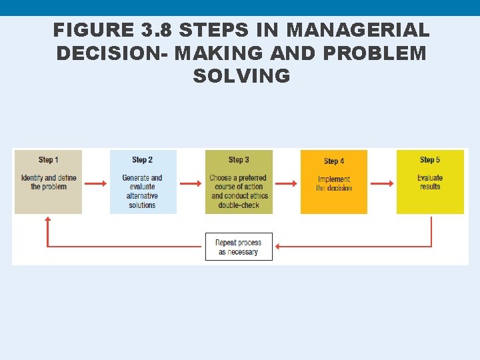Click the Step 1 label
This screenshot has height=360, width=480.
(x=48, y=160)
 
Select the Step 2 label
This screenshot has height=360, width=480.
(x=143, y=160)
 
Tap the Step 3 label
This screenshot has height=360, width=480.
(x=239, y=160)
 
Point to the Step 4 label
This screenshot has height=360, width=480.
(x=334, y=161)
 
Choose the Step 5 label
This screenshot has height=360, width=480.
(x=430, y=160)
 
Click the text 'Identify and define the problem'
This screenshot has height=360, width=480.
(x=49, y=182)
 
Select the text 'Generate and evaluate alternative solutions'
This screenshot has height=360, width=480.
(x=143, y=191)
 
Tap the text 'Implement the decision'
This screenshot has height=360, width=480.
(x=334, y=183)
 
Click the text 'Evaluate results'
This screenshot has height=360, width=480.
(x=430, y=182)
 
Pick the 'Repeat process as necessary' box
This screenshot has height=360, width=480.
(x=239, y=247)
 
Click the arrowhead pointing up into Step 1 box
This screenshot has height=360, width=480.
(x=48, y=219)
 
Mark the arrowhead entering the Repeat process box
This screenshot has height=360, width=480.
(x=278, y=247)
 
